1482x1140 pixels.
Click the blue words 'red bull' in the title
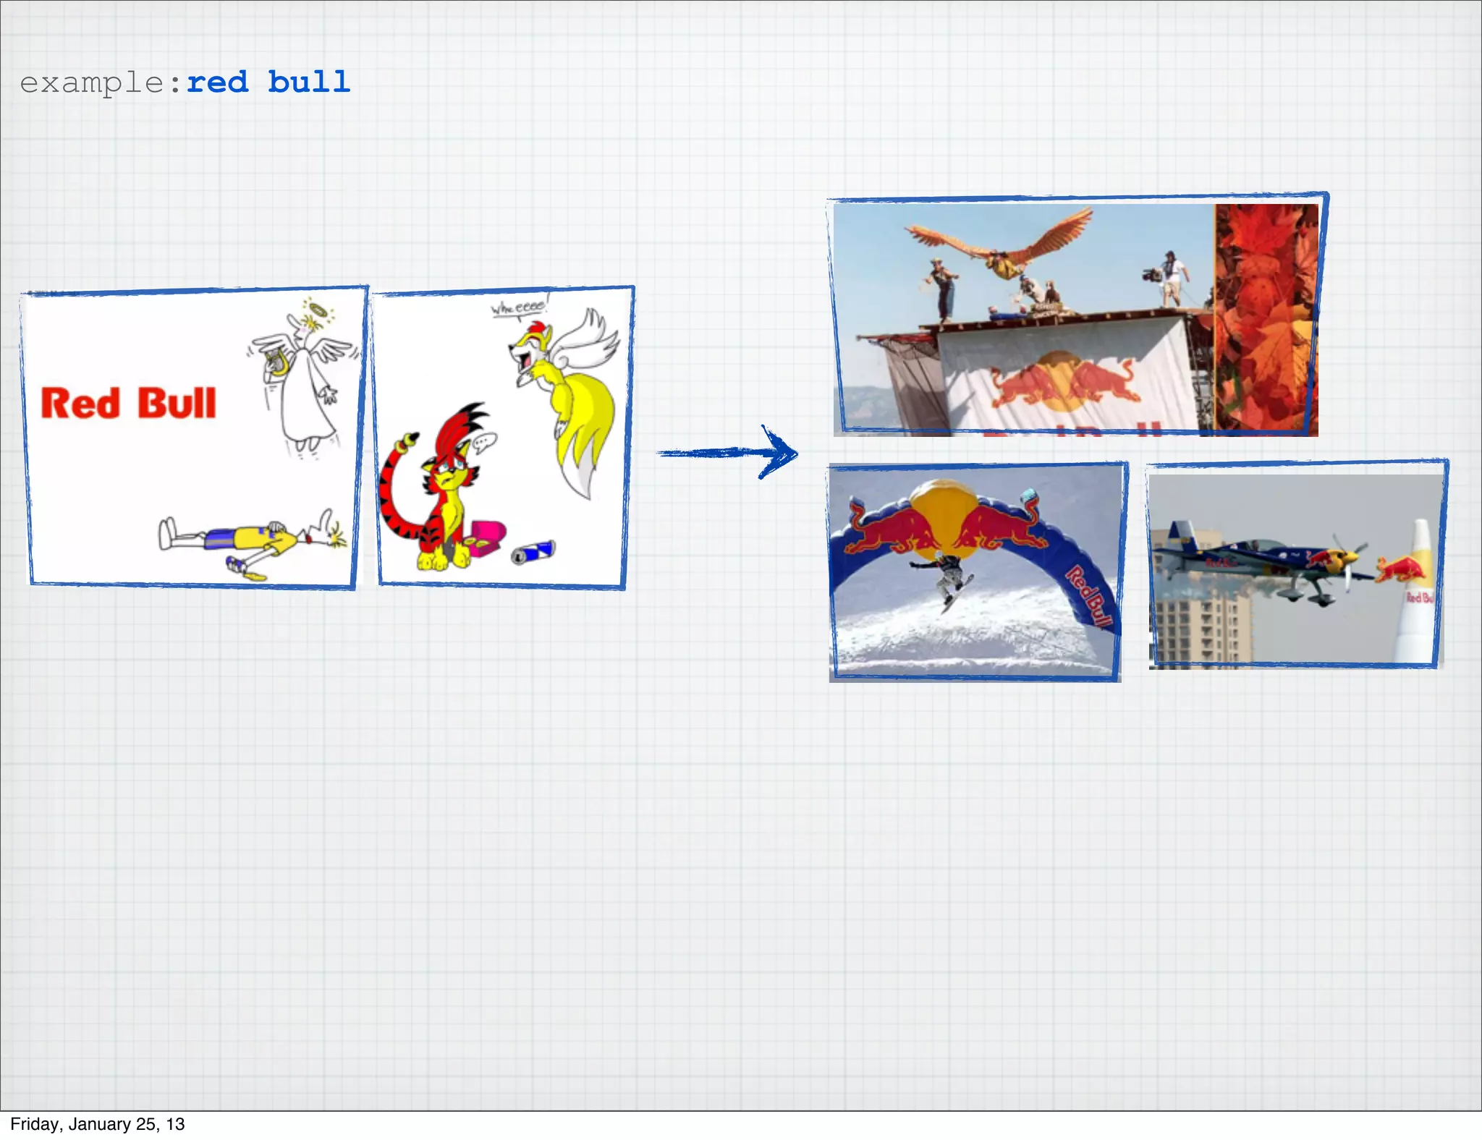click(268, 82)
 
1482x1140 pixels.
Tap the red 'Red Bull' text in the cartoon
click(128, 404)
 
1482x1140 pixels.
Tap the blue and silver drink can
click(533, 552)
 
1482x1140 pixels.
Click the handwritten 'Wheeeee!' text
click(518, 307)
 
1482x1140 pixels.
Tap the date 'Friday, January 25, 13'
click(98, 1124)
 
